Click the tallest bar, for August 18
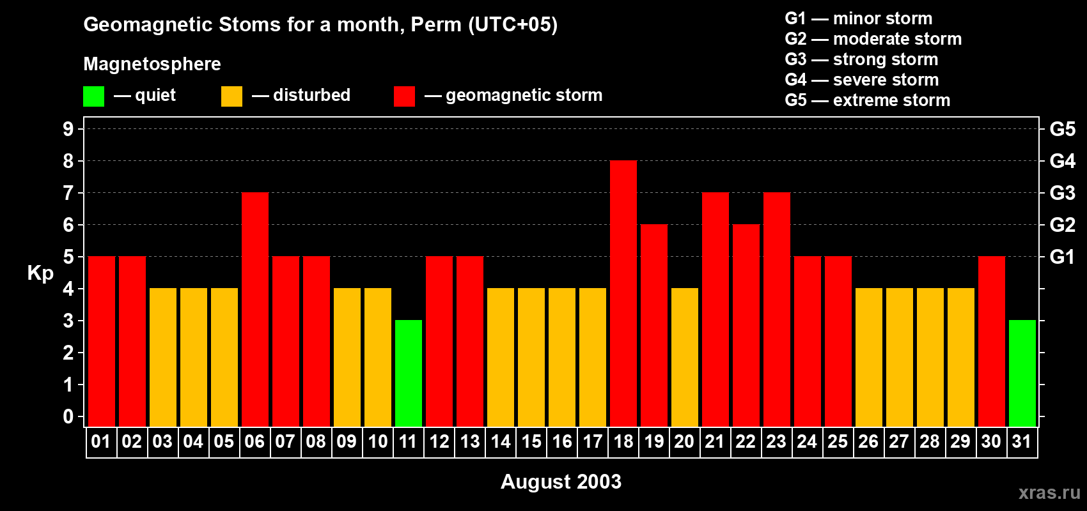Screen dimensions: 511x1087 point(623,294)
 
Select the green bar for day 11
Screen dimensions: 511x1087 point(409,374)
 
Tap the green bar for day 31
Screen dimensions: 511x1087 point(1022,374)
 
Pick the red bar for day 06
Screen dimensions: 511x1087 point(255,310)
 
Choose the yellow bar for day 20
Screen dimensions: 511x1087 point(685,358)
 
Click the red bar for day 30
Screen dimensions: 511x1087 point(992,342)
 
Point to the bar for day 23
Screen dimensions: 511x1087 point(777,310)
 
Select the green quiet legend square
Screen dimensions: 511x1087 point(93,96)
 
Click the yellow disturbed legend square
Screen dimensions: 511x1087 point(231,96)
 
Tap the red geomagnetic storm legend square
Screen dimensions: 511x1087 point(404,96)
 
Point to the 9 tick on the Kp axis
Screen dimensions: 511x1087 point(68,129)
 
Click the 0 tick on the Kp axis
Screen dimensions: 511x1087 point(68,416)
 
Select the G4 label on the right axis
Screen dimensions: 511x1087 point(1062,161)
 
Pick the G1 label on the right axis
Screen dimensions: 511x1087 point(1062,257)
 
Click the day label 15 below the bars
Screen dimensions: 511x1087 point(531,442)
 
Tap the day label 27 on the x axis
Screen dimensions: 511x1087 point(899,442)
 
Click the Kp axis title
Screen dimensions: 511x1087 point(40,273)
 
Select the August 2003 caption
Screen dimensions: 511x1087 point(561,482)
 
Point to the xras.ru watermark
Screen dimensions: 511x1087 point(1049,492)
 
